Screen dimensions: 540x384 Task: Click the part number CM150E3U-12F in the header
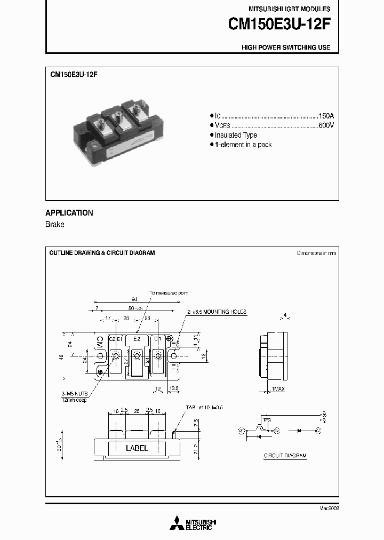[279, 24]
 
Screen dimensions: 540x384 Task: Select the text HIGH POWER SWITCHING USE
[286, 47]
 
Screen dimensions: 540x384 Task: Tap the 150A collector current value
[326, 116]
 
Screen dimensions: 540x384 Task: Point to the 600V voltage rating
[326, 125]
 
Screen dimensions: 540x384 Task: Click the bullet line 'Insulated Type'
[236, 135]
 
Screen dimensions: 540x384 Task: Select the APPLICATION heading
[69, 212]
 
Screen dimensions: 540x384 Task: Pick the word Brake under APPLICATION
[55, 225]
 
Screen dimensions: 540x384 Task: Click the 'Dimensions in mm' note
[316, 253]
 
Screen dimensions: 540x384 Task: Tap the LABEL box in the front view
[137, 448]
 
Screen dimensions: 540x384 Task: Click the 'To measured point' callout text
[169, 293]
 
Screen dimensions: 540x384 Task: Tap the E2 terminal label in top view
[137, 339]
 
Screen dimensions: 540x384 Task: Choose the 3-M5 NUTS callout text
[74, 394]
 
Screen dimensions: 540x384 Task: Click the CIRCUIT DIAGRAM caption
[285, 456]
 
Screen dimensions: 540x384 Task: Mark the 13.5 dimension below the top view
[174, 388]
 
